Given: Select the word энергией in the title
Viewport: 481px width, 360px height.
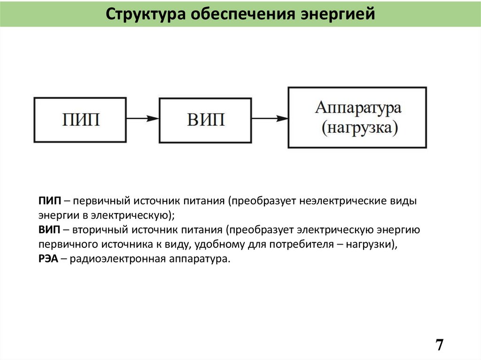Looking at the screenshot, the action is pos(335,14).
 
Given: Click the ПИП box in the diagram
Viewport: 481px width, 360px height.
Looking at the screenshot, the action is pos(80,119).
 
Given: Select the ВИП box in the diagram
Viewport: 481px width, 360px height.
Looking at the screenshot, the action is pos(206,119).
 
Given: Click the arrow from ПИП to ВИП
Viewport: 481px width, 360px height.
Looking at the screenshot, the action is pos(143,119).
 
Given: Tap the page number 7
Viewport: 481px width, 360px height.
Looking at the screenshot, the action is pos(439,345).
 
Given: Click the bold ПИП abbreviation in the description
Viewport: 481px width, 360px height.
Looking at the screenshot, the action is pos(50,201).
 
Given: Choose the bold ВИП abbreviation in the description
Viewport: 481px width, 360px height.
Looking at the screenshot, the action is pos(49,230).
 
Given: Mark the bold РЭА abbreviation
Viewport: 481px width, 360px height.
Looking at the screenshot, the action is pos(48,259).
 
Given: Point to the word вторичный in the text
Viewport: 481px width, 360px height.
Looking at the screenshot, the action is pos(99,230).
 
